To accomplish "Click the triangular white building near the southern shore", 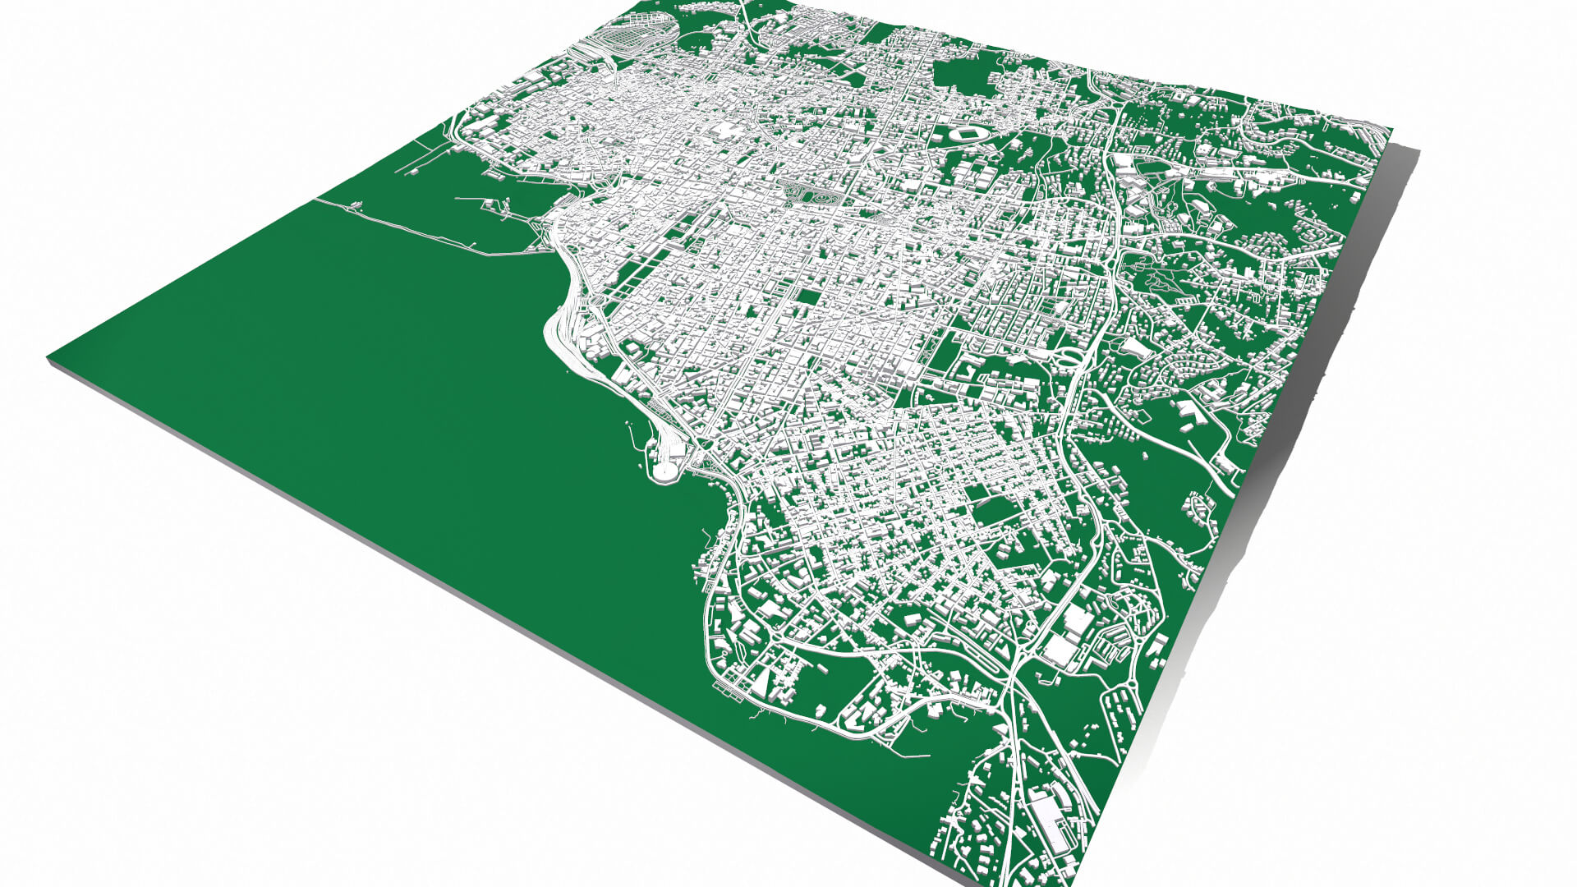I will pyautogui.click(x=763, y=681).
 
